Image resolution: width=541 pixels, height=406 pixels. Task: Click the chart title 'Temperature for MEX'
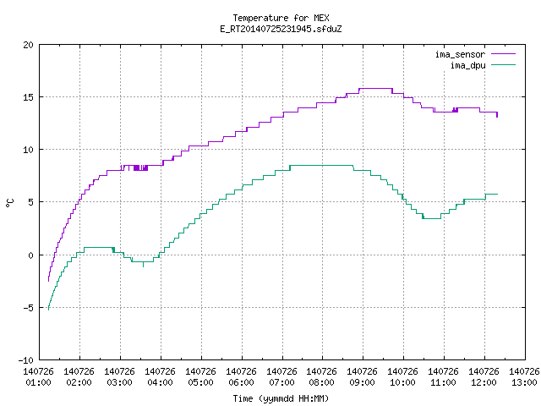281,18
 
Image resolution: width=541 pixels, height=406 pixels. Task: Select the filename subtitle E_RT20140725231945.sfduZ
281,29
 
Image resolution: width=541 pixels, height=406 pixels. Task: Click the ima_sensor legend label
460,54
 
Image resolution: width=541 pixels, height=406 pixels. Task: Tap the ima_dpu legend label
467,65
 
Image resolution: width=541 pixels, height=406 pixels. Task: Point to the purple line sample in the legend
503,54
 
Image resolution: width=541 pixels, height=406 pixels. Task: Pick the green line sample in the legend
503,65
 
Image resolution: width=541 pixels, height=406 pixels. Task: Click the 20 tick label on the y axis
28,45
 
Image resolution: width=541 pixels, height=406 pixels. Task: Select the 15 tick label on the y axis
28,97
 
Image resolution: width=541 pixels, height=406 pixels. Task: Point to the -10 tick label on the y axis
25,360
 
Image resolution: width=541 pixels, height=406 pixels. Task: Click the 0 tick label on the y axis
31,255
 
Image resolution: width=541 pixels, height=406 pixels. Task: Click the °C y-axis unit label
10,203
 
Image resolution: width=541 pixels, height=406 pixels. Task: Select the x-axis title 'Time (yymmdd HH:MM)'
281,398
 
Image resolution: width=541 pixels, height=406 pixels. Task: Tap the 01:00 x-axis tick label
38,382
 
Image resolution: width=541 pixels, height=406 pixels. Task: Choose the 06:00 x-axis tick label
241,382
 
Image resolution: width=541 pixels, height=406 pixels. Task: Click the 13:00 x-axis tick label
524,382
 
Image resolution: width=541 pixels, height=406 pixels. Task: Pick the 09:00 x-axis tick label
362,382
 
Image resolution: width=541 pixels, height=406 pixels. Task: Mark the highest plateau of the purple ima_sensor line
375,89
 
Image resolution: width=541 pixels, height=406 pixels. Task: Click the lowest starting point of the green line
48,310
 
